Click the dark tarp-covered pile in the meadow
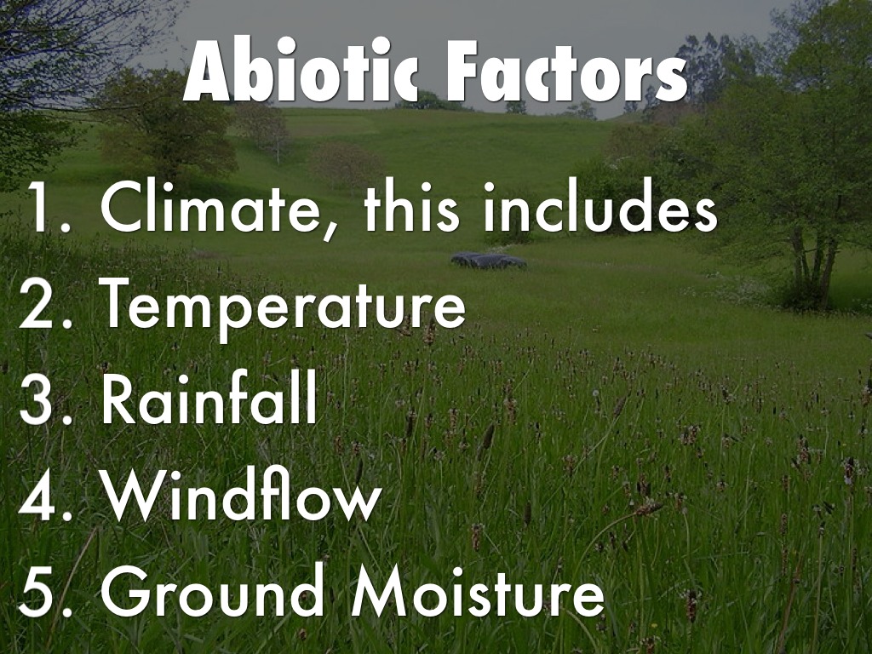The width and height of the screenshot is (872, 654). coord(488,261)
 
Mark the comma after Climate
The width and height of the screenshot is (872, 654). coord(330,230)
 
